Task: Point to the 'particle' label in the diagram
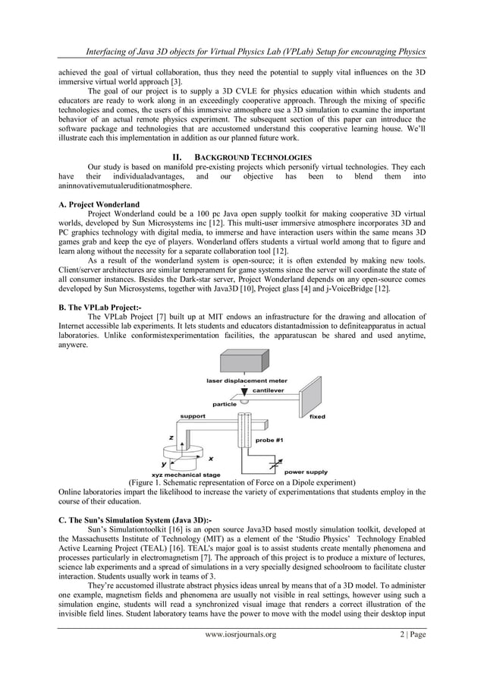(x=225, y=404)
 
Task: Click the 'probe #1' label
(x=270, y=440)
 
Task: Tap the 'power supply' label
(x=306, y=471)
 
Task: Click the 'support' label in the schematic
(x=192, y=416)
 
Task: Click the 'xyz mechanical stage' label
(x=187, y=474)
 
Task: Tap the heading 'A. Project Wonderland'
(x=99, y=204)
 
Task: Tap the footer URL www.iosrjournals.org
(x=242, y=655)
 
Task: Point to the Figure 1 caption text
(x=242, y=482)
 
